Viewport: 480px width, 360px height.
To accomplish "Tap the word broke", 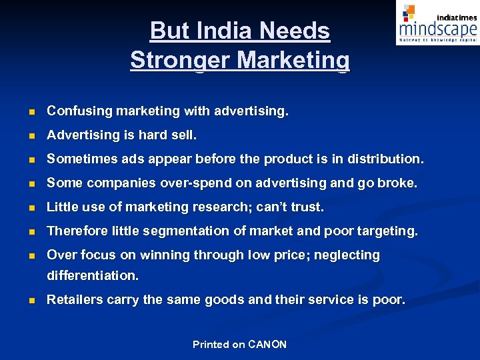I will click(x=397, y=183).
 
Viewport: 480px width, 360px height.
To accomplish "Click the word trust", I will click(x=307, y=207).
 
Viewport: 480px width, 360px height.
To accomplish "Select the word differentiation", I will click(x=93, y=275).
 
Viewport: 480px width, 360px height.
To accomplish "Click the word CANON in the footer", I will click(x=267, y=345).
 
